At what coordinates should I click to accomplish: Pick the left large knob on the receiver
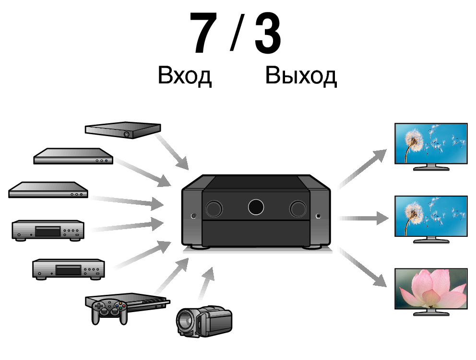pyautogui.click(x=214, y=208)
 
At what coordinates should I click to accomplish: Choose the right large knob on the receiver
pyautogui.click(x=298, y=208)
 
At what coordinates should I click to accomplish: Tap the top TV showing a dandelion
pyautogui.click(x=430, y=145)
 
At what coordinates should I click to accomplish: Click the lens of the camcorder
pyautogui.click(x=187, y=321)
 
